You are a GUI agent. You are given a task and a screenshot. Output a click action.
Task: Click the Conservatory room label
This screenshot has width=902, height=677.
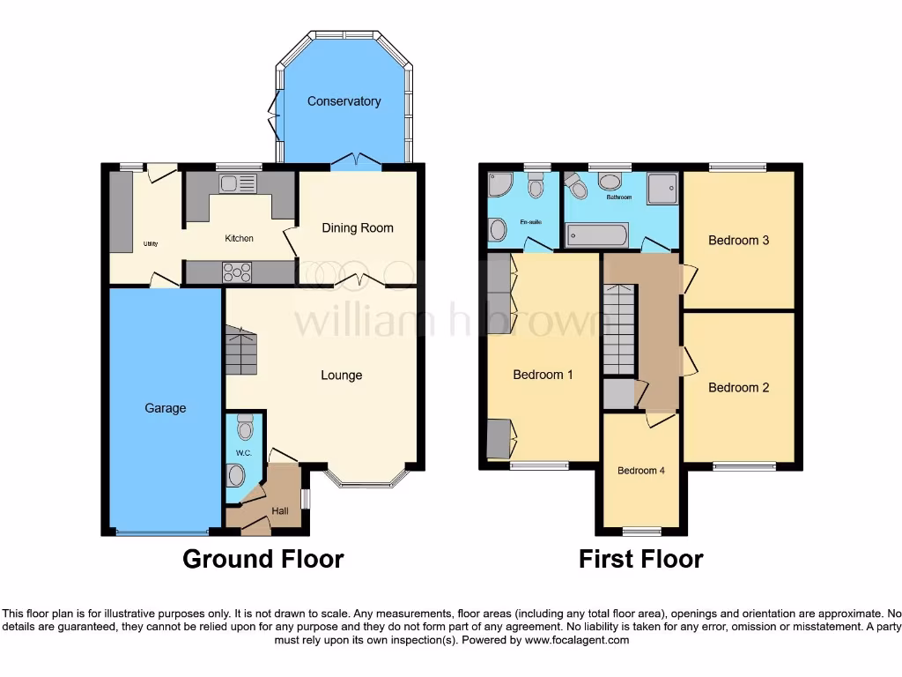point(344,101)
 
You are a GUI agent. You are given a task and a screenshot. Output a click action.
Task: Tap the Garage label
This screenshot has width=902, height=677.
point(166,408)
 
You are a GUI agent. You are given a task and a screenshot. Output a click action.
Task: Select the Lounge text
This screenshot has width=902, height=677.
point(341,376)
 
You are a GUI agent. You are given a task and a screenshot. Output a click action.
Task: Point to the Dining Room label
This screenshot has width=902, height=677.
point(358,228)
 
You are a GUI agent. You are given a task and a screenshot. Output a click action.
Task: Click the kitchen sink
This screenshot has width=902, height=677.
point(237,183)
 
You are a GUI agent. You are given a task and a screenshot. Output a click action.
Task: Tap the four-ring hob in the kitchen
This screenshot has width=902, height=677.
point(238,272)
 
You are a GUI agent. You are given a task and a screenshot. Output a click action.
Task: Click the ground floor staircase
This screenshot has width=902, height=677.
point(240,351)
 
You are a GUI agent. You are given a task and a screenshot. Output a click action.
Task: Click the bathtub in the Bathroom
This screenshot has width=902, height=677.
point(597,234)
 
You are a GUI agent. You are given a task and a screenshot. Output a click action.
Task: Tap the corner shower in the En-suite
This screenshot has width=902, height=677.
point(500,185)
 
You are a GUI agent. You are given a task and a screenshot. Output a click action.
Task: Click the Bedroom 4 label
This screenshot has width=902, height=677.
point(641,471)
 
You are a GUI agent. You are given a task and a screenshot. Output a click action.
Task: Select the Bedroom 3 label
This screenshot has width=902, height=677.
point(739,240)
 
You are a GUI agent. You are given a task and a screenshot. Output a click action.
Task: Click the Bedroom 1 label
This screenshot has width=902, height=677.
point(543,375)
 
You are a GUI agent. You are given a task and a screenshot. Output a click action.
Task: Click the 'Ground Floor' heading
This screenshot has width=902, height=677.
point(262,559)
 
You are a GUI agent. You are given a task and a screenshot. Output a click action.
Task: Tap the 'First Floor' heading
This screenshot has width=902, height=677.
point(640,559)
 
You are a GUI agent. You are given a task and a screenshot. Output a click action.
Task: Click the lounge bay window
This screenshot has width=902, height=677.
point(366,480)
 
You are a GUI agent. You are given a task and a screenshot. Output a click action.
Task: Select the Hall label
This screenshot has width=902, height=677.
point(279,511)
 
